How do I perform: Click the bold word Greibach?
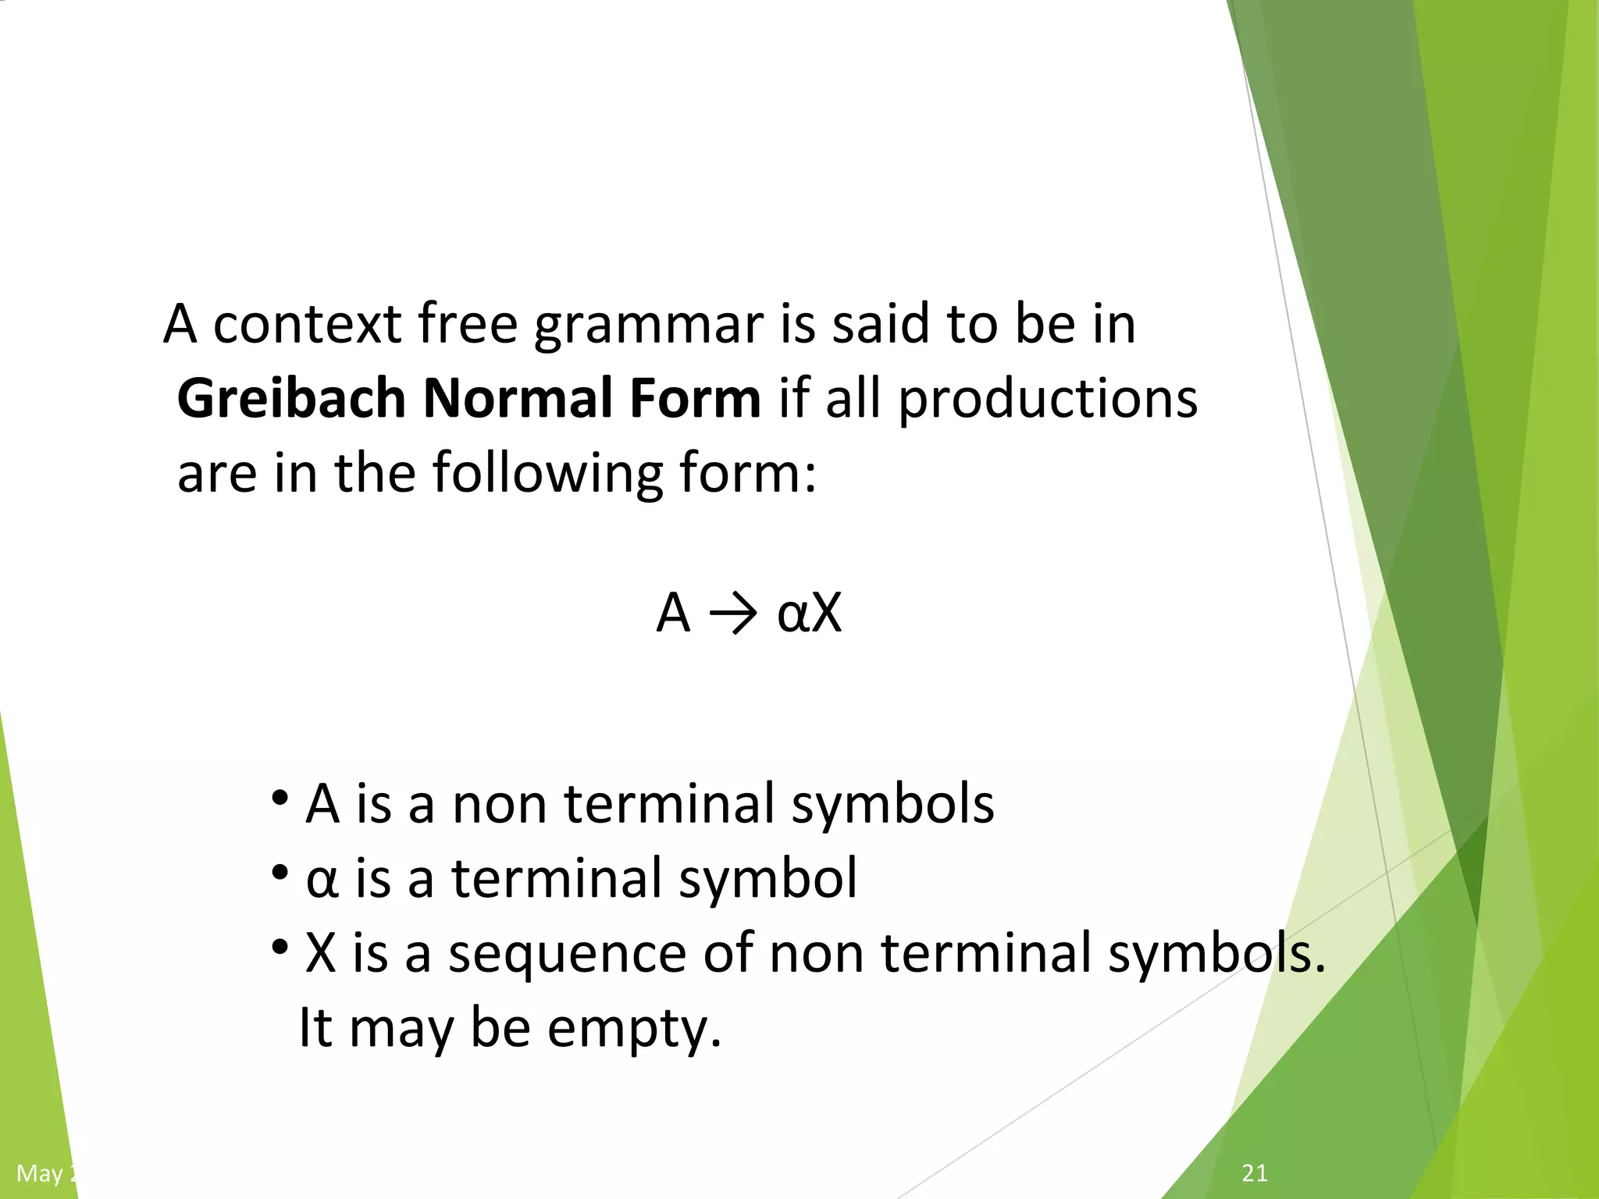(291, 399)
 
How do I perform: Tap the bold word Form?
(695, 399)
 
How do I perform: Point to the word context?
(308, 324)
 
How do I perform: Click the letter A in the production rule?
(673, 613)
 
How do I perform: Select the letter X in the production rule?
(826, 613)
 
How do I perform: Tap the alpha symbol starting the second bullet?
(322, 880)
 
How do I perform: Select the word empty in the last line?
(633, 1029)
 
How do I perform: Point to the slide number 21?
(1255, 1172)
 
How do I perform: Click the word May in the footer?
(39, 1173)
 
